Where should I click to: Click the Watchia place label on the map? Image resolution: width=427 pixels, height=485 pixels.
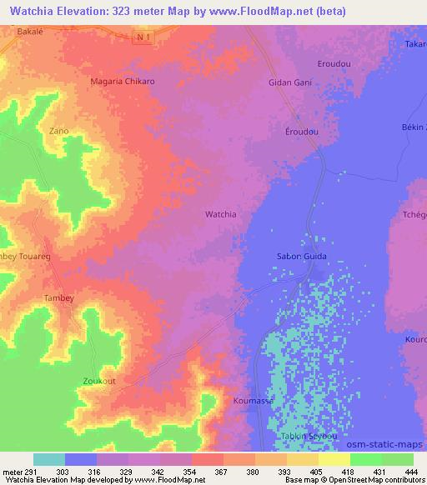click(220, 214)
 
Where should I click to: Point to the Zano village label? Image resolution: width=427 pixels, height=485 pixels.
click(58, 131)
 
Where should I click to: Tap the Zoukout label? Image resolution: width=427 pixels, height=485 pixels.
click(99, 381)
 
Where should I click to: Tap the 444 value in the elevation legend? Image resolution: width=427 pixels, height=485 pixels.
click(409, 472)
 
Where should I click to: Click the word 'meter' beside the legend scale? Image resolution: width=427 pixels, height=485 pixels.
click(13, 472)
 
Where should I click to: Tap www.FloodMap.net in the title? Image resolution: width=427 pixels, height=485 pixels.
click(256, 12)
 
